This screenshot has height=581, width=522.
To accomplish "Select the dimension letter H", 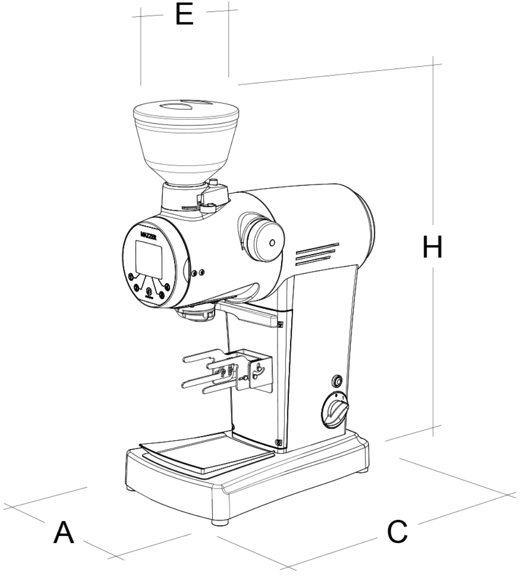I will click(432, 247).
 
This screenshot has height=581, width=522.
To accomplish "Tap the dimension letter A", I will click(64, 532).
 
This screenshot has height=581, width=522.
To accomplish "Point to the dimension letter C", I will click(397, 532).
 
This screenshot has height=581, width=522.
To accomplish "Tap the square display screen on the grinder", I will click(149, 259).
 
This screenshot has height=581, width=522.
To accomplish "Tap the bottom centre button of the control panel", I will click(149, 291).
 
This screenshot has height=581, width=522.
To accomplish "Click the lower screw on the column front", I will click(278, 443).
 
